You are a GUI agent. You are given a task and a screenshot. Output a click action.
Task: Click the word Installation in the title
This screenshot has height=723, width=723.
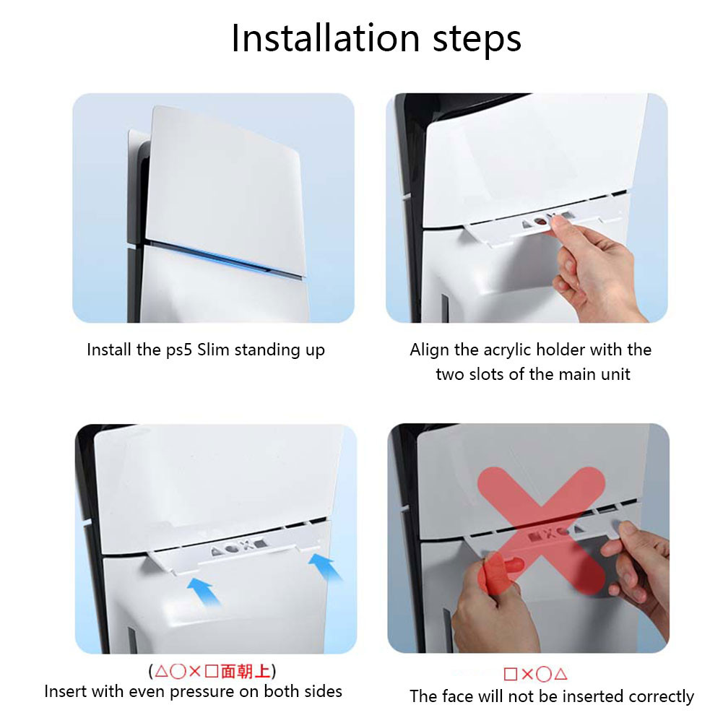(x=325, y=38)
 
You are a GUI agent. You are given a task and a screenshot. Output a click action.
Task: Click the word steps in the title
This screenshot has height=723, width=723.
(x=477, y=40)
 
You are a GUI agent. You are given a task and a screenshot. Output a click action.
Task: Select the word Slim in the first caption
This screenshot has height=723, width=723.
(x=214, y=350)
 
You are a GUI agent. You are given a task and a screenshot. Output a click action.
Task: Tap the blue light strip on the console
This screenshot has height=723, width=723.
(x=226, y=259)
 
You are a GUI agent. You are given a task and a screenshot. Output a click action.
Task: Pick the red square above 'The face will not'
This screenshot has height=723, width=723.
(x=511, y=674)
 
